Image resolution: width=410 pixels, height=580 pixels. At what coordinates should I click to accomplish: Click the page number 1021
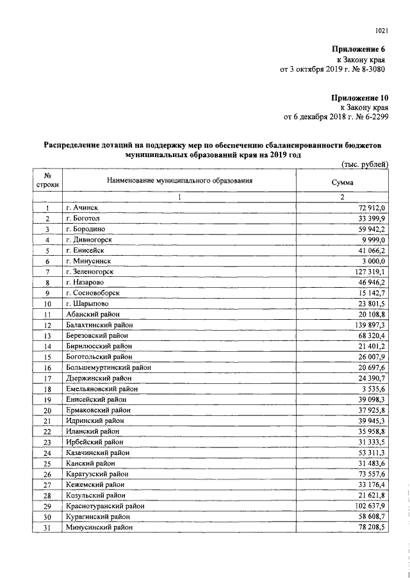coord(382,29)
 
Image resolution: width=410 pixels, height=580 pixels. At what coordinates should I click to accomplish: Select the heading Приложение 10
coord(360,97)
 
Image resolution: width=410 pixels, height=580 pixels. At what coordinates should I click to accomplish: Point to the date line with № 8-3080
coord(334,69)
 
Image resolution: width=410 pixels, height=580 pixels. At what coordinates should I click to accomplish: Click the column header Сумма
coord(342,181)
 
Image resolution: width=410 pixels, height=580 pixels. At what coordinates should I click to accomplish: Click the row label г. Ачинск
coord(82,208)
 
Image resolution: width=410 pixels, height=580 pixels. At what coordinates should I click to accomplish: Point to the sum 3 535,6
coord(370,388)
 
